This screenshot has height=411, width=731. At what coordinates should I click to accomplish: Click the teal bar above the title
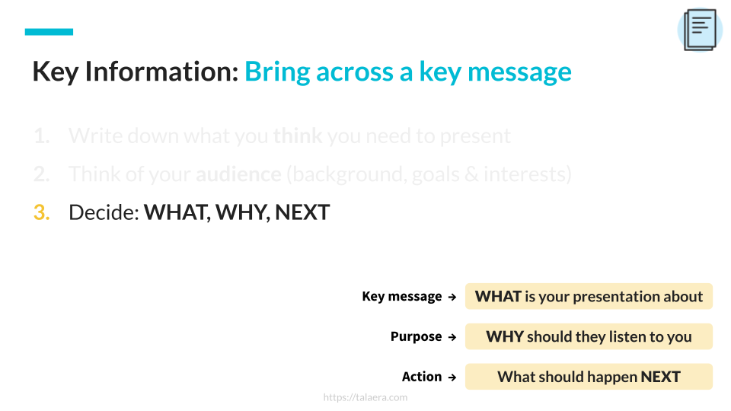(49, 32)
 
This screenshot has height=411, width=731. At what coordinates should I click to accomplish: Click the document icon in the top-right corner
(700, 30)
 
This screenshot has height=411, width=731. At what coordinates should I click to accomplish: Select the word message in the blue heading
(519, 72)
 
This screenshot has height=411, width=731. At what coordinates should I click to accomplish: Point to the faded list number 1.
(41, 136)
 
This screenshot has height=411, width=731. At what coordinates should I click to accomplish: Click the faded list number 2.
(41, 174)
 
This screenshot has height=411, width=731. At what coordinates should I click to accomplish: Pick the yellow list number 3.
(41, 212)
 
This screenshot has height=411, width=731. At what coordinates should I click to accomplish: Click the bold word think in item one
(298, 136)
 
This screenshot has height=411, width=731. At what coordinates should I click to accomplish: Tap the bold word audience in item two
(238, 174)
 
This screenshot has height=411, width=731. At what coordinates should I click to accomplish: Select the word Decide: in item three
(104, 212)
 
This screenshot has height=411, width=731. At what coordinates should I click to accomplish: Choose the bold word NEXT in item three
(302, 212)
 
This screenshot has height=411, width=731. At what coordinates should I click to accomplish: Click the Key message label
(402, 297)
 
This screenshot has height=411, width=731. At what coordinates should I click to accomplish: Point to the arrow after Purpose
(452, 337)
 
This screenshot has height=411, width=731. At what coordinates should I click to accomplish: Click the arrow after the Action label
(452, 378)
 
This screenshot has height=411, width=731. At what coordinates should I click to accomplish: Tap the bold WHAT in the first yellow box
(498, 297)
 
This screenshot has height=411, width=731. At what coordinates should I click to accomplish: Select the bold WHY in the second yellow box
(505, 336)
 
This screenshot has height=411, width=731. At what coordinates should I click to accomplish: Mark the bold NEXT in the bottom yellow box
(660, 377)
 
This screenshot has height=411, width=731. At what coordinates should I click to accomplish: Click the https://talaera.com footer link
(365, 397)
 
